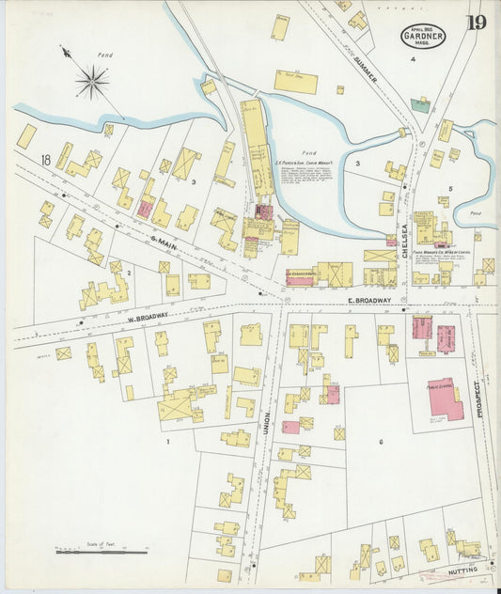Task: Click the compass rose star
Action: tap(92, 82)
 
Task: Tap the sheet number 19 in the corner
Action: tap(475, 23)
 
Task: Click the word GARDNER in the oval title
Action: tap(423, 38)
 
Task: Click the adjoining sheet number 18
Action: tap(44, 161)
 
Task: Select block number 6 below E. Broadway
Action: tap(381, 441)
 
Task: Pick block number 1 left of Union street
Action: tap(168, 441)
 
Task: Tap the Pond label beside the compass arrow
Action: tap(105, 55)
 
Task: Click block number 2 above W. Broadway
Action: tap(129, 273)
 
